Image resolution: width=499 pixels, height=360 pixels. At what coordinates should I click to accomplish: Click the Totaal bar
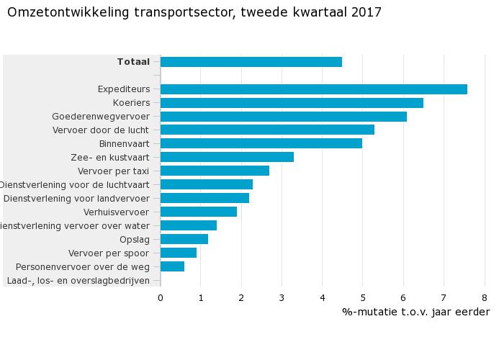pos(251,62)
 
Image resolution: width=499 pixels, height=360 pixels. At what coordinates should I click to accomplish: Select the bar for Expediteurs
pos(313,89)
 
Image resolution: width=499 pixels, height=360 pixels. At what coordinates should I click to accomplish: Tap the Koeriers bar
pos(292,103)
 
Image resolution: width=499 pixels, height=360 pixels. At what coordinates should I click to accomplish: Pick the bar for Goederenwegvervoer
pos(283,117)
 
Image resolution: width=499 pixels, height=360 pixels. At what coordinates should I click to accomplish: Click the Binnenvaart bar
pos(261,143)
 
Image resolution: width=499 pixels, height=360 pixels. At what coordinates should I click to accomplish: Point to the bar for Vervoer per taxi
pos(215,171)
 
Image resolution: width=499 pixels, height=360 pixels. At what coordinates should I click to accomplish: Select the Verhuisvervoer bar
pos(198,212)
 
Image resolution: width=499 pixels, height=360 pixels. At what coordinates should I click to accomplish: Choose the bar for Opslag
pos(184,239)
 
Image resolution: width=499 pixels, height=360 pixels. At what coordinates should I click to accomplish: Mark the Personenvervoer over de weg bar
pos(172,266)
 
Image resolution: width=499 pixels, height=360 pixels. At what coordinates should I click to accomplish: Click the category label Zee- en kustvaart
pos(110,157)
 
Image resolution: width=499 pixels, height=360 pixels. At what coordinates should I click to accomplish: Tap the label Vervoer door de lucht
pos(101,130)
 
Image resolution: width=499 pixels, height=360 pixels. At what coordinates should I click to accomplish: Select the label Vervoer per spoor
pos(109,253)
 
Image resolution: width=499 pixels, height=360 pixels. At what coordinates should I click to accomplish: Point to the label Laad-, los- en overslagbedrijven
pos(78,280)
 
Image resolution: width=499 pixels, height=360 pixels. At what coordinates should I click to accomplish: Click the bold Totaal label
pos(133,62)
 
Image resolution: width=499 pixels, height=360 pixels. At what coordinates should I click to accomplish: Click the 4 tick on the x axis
pos(323,297)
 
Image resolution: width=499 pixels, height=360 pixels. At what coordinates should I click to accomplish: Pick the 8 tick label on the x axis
pos(485,297)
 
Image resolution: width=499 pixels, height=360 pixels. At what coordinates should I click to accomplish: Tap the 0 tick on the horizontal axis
pos(161,297)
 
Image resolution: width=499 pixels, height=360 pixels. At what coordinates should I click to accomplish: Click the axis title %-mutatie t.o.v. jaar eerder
pos(415,312)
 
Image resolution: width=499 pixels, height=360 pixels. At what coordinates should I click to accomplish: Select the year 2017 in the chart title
pos(367,12)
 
